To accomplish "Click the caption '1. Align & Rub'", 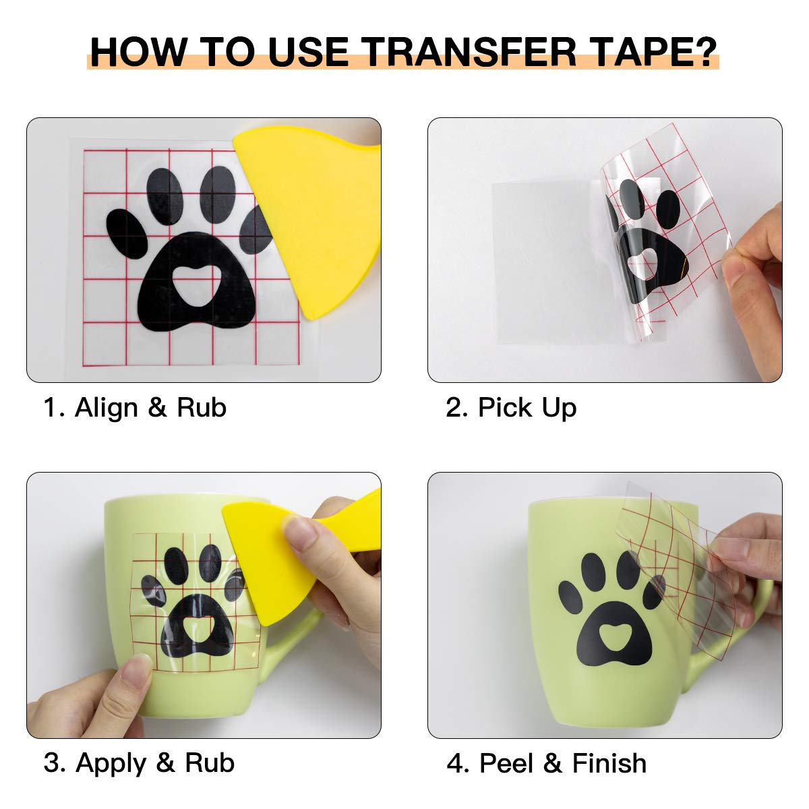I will click(x=135, y=408).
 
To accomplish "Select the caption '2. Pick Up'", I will click(x=511, y=408).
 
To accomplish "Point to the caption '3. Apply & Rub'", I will click(x=139, y=763).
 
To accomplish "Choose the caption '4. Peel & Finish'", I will click(x=546, y=763).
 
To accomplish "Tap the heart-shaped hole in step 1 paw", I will click(x=196, y=276).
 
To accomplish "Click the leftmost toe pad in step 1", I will click(x=127, y=233).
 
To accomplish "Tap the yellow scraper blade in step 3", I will click(x=263, y=560).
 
